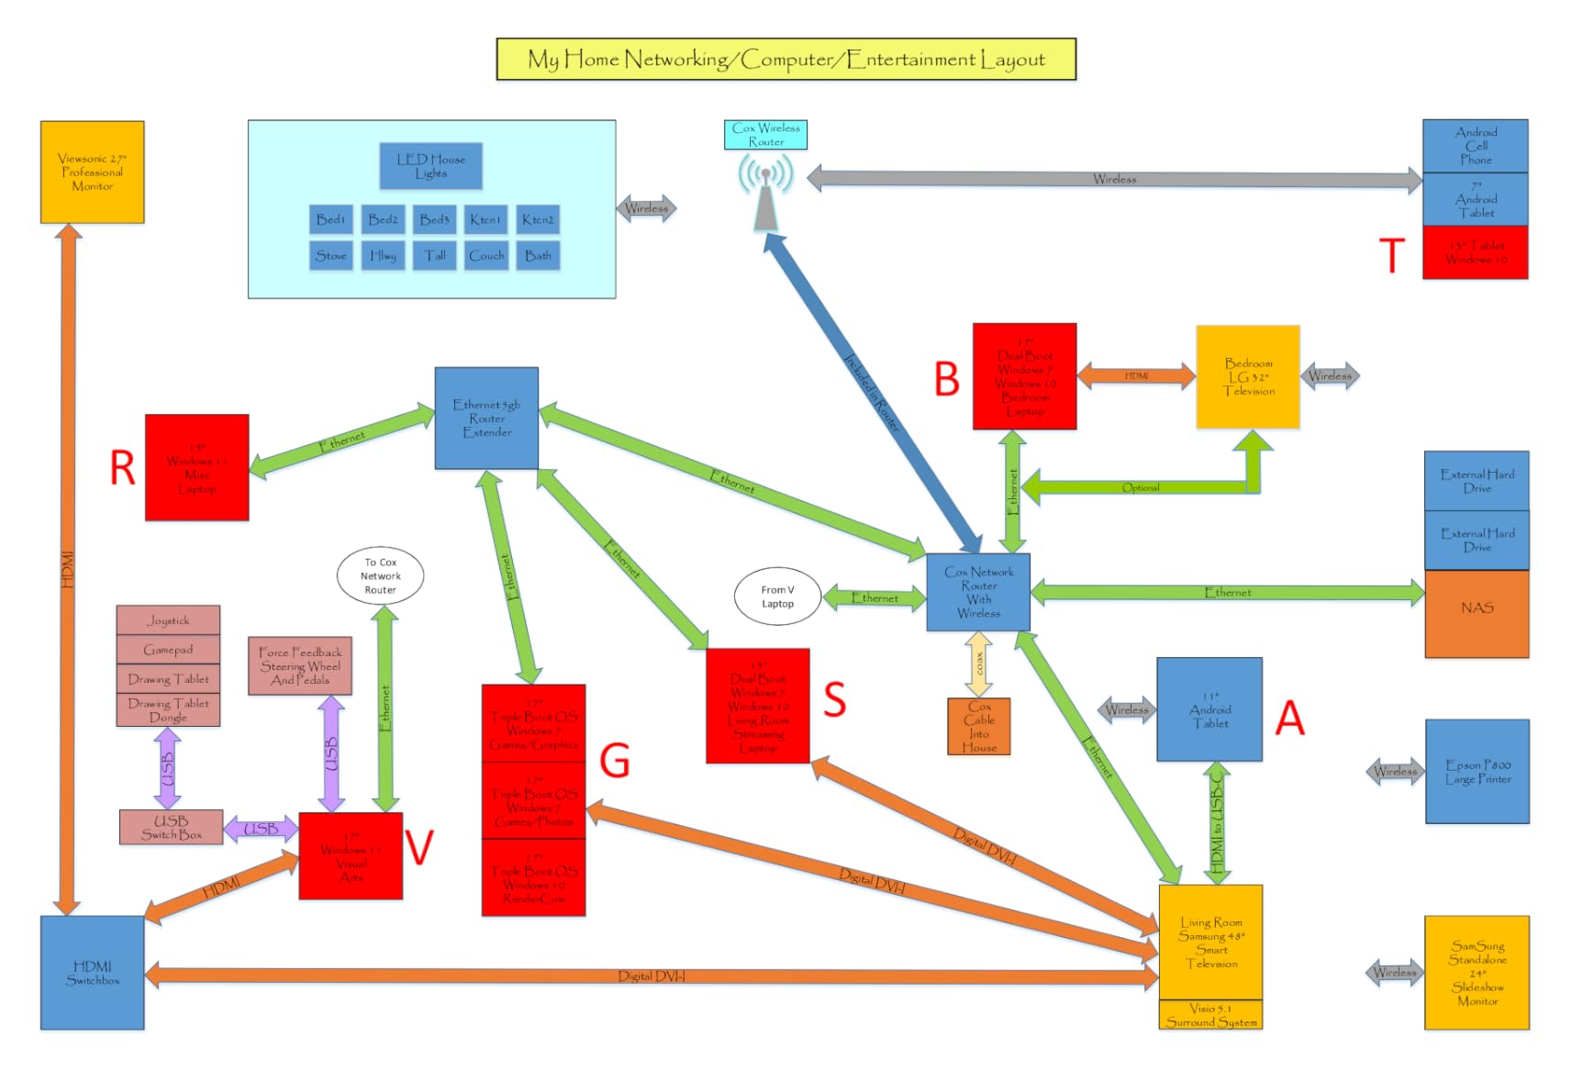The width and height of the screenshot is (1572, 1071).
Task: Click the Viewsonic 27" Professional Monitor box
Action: (92, 172)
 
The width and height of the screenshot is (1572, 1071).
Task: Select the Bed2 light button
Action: (383, 219)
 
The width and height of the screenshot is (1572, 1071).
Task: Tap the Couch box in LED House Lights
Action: (486, 255)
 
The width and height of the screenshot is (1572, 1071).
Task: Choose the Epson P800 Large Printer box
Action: (1477, 771)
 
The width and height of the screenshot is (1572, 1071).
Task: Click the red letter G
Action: (614, 761)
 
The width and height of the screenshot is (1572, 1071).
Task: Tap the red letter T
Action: (1391, 255)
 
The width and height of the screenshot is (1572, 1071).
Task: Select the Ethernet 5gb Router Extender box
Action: (486, 418)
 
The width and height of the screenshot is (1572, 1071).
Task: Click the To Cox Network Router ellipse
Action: (380, 576)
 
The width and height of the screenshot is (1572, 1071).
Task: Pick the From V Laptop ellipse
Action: (777, 597)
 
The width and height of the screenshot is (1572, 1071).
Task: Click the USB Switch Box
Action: (171, 827)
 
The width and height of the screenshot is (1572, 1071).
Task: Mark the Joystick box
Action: (168, 620)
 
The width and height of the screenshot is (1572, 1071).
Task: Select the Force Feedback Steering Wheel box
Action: (300, 666)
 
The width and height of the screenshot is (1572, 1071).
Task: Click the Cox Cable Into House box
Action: (978, 727)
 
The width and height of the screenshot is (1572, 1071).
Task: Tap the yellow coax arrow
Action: (979, 664)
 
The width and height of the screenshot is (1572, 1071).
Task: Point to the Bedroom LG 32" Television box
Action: (1247, 376)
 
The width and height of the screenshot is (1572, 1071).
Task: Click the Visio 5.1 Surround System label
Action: (1210, 1015)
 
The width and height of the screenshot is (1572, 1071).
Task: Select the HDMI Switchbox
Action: (92, 973)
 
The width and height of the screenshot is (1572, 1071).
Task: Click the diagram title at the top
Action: (786, 60)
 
